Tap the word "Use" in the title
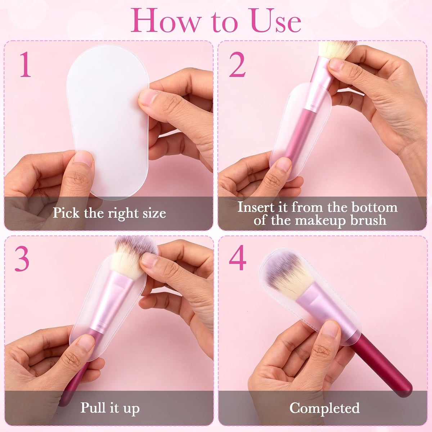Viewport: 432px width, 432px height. pos(276,21)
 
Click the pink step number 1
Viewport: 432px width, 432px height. pos(25,64)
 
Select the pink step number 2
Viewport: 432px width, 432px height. pos(237,64)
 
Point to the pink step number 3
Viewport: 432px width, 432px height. pos(22,259)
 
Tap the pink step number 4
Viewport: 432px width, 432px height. pos(238,257)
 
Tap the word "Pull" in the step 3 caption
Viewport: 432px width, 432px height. pos(93,407)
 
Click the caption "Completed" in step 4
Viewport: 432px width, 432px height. pos(325,408)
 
